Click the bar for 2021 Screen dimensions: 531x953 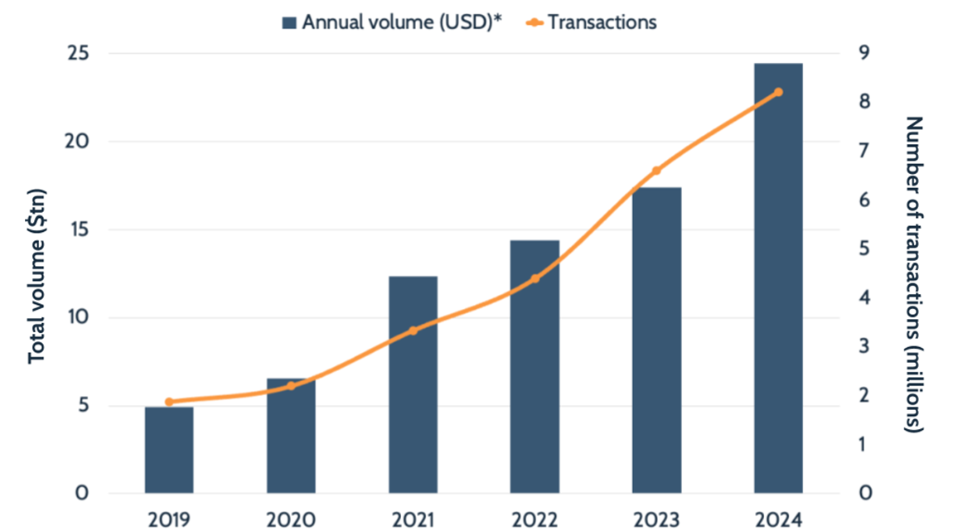pos(413,384)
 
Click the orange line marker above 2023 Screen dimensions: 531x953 pos(656,171)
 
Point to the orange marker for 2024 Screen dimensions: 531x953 pos(778,92)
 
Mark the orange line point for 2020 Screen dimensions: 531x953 pos(291,386)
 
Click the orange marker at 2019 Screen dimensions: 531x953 pos(169,402)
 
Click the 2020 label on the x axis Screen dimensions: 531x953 pos(291,519)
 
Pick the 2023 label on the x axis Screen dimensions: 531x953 pos(656,519)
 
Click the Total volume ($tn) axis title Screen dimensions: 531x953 pos(37,276)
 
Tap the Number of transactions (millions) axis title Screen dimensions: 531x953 pos(914,274)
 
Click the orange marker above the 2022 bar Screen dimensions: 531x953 pos(535,278)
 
